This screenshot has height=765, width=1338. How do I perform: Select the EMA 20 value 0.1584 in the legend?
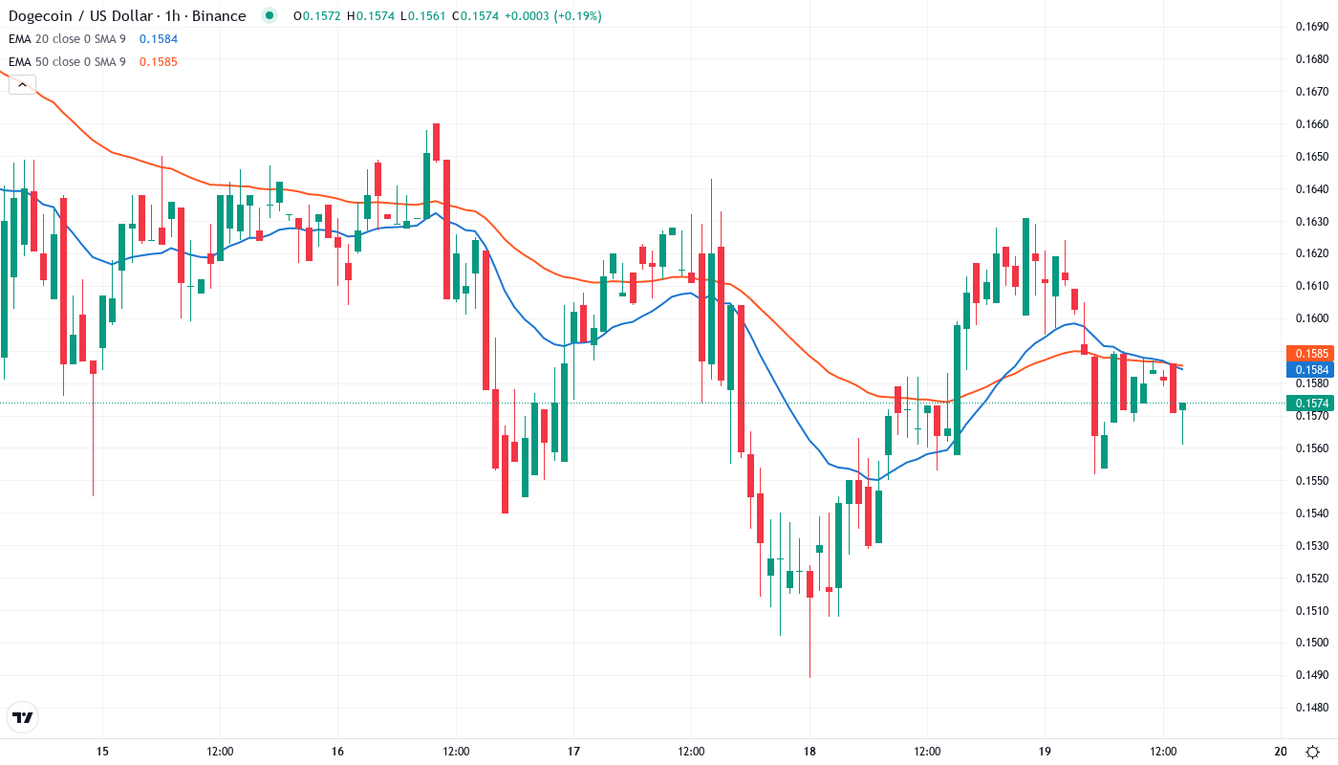pos(158,38)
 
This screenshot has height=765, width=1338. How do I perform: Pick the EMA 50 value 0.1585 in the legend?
pos(158,61)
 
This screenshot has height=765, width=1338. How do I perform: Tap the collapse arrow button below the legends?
pos(22,84)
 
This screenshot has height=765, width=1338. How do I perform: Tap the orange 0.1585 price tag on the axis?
pos(1308,353)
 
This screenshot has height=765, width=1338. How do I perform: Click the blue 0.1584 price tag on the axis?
pos(1308,369)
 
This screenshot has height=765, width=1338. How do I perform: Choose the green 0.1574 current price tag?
pos(1308,404)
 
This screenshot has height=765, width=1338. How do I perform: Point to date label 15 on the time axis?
pos(102,751)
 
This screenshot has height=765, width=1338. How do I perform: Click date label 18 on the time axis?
pos(809,751)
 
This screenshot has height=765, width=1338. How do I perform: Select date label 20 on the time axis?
pos(1281,751)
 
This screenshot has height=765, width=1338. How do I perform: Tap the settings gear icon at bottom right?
pos(1314,751)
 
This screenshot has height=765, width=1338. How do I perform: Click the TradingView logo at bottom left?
pos(22,717)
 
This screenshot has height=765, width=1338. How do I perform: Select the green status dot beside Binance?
pos(270,15)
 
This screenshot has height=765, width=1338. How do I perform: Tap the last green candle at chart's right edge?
pos(1182,406)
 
